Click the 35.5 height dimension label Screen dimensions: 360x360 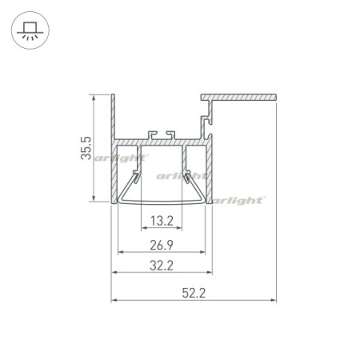click(86, 148)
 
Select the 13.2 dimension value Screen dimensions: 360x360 click(162, 221)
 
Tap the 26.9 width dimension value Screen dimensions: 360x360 click(162, 245)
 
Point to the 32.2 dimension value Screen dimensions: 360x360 click(162, 266)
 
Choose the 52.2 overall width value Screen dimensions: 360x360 click(194, 293)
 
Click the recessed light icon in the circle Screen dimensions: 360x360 click(30, 30)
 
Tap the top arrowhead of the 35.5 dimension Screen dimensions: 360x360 click(94, 98)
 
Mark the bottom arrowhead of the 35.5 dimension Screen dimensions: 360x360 click(94, 198)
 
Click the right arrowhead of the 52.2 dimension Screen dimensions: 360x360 click(274, 300)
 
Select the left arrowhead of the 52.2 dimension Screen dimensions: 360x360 click(114, 300)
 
